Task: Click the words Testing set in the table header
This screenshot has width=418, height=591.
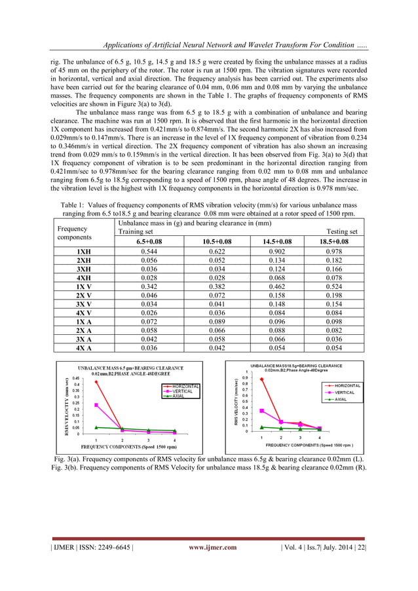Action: pyautogui.click(x=341, y=232)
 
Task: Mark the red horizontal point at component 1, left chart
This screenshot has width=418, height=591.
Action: pyautogui.click(x=96, y=381)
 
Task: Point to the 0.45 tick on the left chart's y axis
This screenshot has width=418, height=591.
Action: pyautogui.click(x=76, y=378)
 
